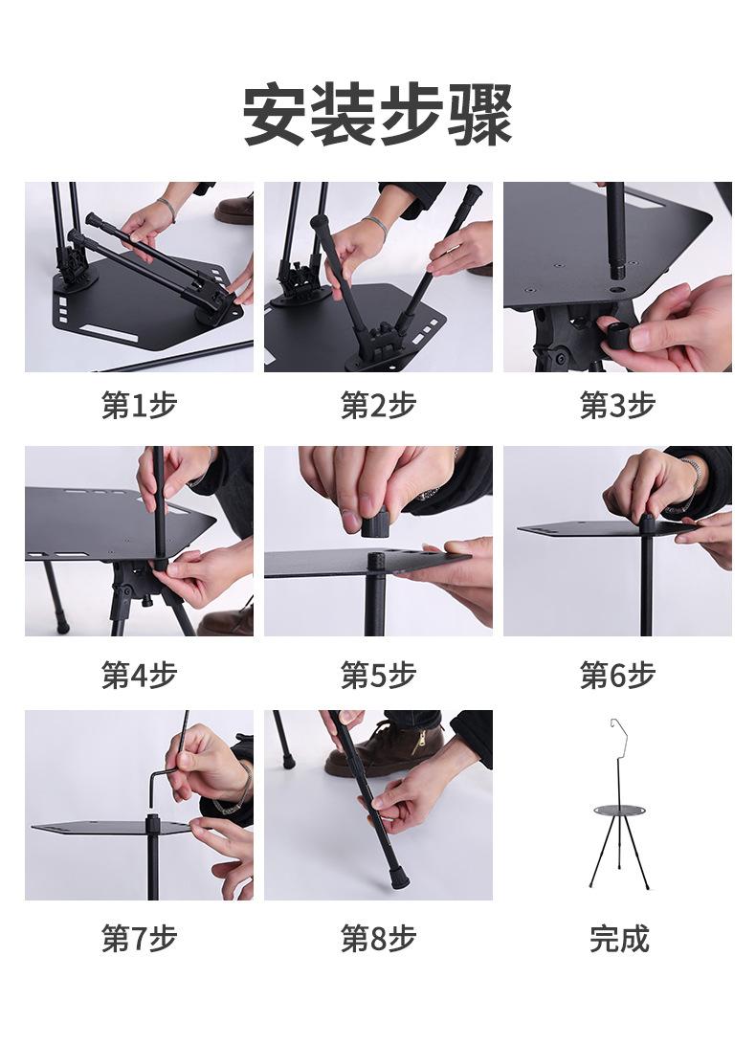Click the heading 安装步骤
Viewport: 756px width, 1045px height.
[377, 114]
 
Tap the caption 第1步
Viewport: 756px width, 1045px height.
[139, 405]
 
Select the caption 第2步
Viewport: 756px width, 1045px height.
[378, 405]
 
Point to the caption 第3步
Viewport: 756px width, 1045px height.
[617, 405]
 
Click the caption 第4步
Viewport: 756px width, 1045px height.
[139, 675]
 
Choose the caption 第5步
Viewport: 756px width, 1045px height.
[378, 675]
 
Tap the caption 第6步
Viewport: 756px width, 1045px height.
[617, 675]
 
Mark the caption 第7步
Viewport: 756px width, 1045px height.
[139, 939]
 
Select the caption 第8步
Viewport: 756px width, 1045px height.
[378, 939]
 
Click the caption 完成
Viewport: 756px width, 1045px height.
[619, 939]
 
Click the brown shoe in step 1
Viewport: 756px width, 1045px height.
[234, 210]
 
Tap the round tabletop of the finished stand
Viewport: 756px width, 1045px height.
[619, 811]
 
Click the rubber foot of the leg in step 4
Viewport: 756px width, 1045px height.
[62, 627]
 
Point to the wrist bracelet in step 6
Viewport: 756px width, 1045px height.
[694, 478]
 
